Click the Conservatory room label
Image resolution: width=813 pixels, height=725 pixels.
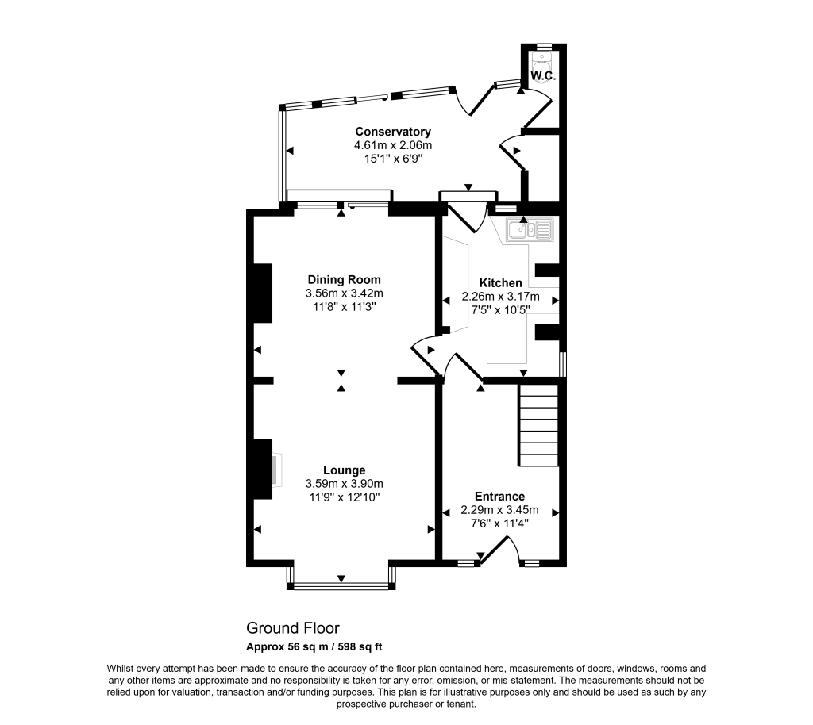pyautogui.click(x=393, y=132)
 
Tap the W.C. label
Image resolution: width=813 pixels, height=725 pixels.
pyautogui.click(x=542, y=75)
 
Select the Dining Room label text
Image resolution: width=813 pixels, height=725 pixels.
pyautogui.click(x=344, y=279)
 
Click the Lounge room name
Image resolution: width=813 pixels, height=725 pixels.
pyautogui.click(x=344, y=470)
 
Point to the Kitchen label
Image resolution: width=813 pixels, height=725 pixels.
pyautogui.click(x=500, y=283)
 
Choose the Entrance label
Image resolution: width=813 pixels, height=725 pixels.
pyautogui.click(x=499, y=497)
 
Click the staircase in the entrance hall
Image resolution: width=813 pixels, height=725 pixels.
pyautogui.click(x=539, y=425)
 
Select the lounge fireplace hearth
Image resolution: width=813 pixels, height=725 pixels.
pyautogui.click(x=275, y=470)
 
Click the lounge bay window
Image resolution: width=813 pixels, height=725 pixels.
pyautogui.click(x=341, y=586)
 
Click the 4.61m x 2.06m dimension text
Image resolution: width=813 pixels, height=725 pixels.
pyautogui.click(x=393, y=145)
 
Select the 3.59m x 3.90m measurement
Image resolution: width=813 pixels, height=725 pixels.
pyautogui.click(x=344, y=483)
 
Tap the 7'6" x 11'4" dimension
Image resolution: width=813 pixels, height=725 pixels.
pyautogui.click(x=499, y=524)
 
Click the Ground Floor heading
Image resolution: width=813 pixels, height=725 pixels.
pyautogui.click(x=292, y=628)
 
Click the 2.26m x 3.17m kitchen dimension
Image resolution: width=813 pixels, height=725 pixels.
pyautogui.click(x=500, y=297)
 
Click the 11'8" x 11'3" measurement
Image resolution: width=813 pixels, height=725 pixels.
pyautogui.click(x=344, y=307)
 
